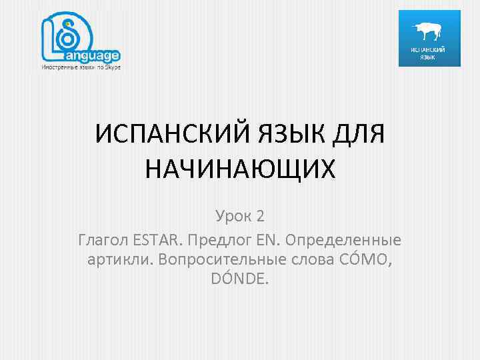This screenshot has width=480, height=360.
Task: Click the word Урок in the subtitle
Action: [232, 216]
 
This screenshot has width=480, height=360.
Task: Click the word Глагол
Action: [103, 238]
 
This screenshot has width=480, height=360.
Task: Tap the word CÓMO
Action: [367, 259]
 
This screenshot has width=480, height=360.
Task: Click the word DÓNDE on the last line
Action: [240, 280]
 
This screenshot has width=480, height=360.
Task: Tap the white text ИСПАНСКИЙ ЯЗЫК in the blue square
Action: [429, 53]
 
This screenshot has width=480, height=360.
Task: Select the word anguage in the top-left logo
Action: [95, 56]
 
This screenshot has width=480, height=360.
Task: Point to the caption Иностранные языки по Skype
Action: [81, 68]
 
